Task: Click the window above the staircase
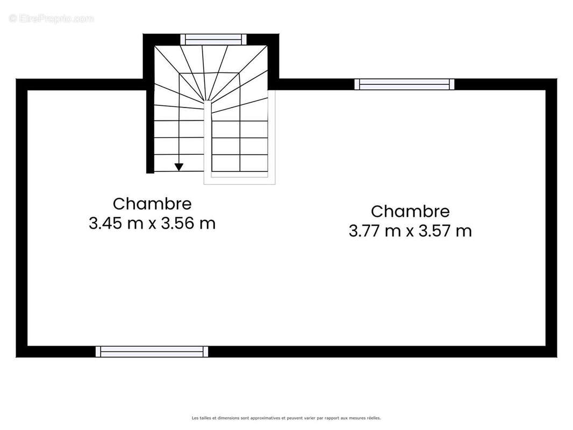coord(213,39)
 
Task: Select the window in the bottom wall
coord(152,352)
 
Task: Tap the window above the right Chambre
coord(405,84)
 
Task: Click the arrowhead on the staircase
coord(178,167)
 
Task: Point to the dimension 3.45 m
coord(116,223)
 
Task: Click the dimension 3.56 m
coord(188,223)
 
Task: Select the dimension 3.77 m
coord(375,231)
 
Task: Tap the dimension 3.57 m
coord(445,231)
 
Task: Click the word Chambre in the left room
coord(152,204)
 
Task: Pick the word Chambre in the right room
coord(410,212)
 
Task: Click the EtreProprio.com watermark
coord(51,18)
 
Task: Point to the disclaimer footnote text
coord(286,418)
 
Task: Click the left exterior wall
coord(22,218)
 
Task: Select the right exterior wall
coord(551,218)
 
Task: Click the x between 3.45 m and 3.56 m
coord(152,224)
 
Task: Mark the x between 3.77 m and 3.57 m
coord(410,232)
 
